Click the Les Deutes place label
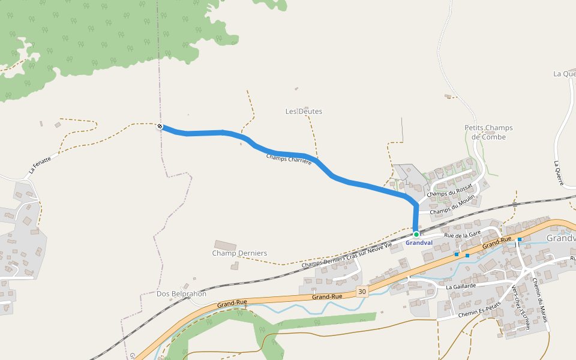tap(304, 112)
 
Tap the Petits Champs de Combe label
tap(489, 132)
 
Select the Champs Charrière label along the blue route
tap(289, 159)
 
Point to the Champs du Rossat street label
tap(450, 190)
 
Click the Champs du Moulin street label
tap(452, 204)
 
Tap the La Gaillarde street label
tap(460, 286)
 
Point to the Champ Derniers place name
tap(239, 253)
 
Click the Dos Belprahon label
tap(181, 293)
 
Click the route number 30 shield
tap(362, 292)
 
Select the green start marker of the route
tap(416, 234)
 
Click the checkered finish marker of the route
tap(160, 126)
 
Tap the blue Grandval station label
tap(419, 243)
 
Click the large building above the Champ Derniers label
tap(225, 245)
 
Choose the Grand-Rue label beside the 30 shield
tap(328, 296)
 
